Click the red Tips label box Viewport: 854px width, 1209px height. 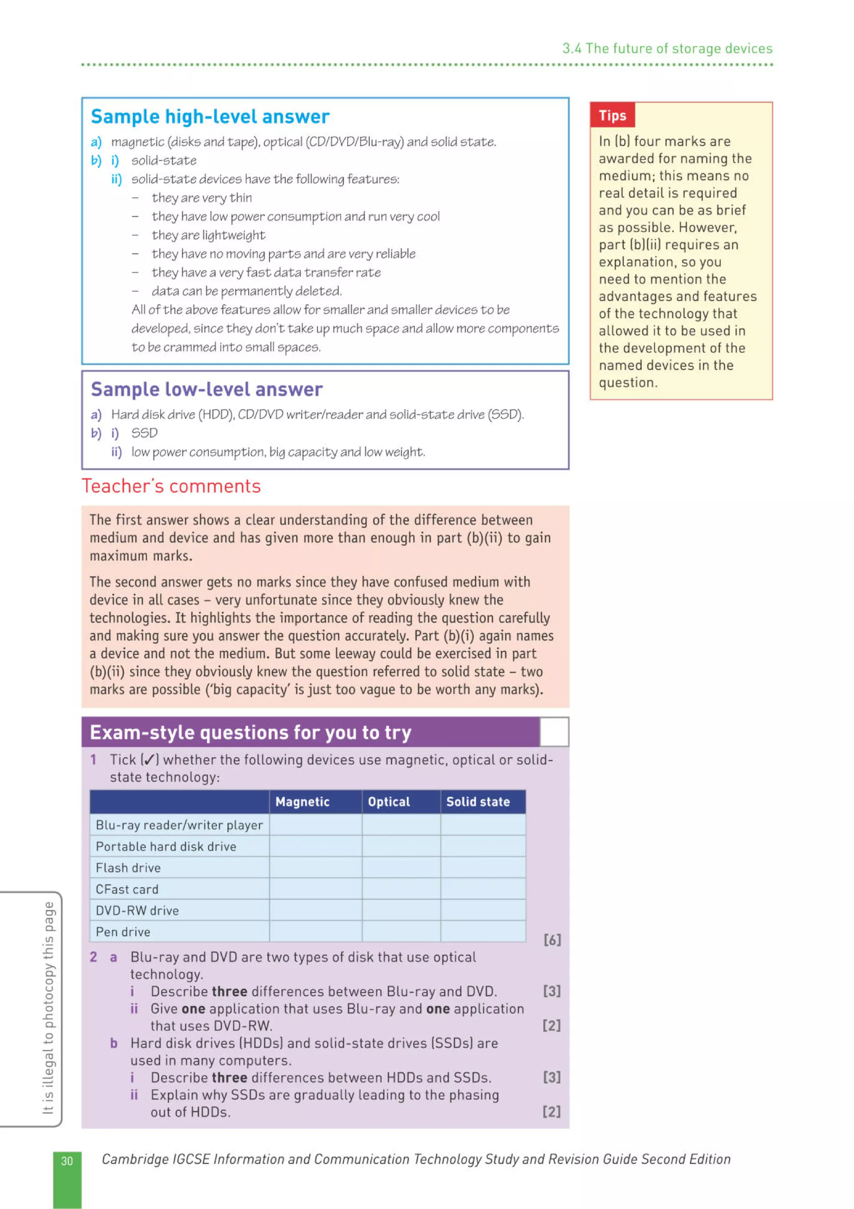tap(612, 115)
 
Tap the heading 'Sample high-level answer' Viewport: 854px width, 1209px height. tap(210, 116)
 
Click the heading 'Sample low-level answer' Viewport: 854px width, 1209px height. tap(206, 389)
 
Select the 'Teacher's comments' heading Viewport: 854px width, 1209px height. tap(171, 486)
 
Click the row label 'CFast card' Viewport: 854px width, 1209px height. tap(127, 889)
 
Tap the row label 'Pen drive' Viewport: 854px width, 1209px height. tap(123, 932)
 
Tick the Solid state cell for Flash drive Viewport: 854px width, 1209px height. tap(482, 867)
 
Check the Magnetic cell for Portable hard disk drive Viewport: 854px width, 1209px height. tap(315, 846)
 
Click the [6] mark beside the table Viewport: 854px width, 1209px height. tap(552, 940)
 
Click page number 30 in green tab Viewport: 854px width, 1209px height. tap(67, 1161)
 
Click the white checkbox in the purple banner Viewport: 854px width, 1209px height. tap(554, 731)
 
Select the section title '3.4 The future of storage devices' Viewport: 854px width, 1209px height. tap(667, 48)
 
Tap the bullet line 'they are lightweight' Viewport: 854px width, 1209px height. tap(208, 235)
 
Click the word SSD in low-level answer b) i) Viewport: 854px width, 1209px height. tap(144, 433)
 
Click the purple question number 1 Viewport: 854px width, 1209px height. tap(93, 759)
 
